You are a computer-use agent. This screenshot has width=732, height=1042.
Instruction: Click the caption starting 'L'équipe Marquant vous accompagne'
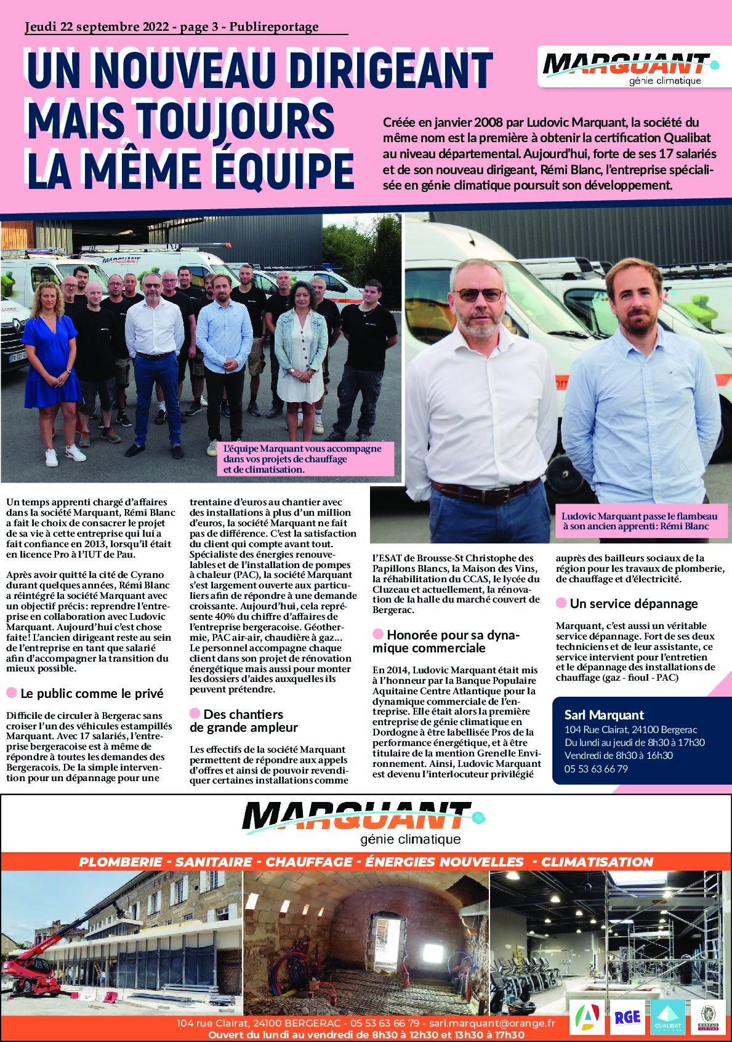tap(302, 459)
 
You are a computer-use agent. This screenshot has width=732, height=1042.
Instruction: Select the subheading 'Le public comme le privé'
tap(92, 694)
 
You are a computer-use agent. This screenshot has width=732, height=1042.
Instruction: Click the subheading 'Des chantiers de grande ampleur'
tap(243, 721)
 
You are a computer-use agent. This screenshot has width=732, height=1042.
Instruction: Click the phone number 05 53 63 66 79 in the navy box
tap(595, 769)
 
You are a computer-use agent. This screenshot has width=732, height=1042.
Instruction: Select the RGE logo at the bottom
tap(627, 1018)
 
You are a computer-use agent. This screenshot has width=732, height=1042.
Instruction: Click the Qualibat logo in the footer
tap(667, 1018)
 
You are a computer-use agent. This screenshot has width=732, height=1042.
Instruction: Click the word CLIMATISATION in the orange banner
tap(597, 862)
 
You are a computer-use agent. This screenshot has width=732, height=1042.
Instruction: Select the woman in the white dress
tap(297, 363)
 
